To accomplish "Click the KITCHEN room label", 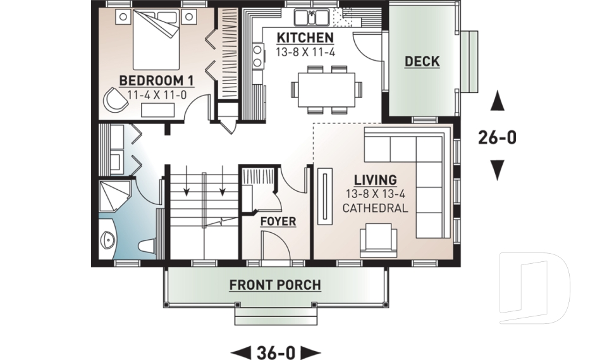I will click(x=305, y=38).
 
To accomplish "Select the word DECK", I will click(x=422, y=61).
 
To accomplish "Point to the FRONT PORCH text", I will click(x=275, y=285).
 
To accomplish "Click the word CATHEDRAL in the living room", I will click(x=375, y=208).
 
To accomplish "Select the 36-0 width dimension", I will click(x=276, y=352).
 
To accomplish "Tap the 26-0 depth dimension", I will click(x=497, y=137).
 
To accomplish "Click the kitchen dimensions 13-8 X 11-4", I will click(x=305, y=53).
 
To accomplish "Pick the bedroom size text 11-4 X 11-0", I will click(x=156, y=94).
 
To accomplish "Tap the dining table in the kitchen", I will click(x=326, y=88).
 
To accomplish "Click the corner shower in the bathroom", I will click(x=114, y=196).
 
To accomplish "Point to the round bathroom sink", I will click(x=108, y=240).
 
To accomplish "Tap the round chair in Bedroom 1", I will click(x=115, y=100).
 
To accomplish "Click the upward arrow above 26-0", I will click(x=498, y=99).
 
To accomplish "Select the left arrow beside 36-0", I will click(x=240, y=352).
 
